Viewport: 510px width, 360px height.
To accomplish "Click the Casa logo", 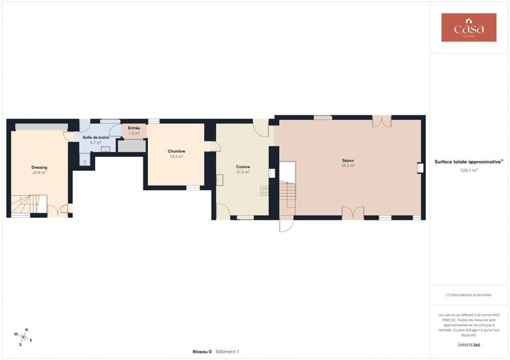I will tap(469, 27).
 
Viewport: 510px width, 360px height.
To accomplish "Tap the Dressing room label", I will tap(40, 168).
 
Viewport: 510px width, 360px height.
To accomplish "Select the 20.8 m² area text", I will tap(40, 173).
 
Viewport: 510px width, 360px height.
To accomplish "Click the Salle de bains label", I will tap(96, 138).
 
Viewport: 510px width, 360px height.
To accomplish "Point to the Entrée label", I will tap(134, 128).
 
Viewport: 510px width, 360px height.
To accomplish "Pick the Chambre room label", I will tap(177, 151).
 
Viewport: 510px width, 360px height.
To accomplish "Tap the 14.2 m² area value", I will tap(177, 156).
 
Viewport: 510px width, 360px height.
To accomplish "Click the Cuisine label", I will tap(243, 166).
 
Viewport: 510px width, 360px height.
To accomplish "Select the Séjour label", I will tap(348, 160).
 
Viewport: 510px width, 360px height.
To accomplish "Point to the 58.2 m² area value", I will tap(348, 165).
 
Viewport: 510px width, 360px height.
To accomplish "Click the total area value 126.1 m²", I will tap(469, 170).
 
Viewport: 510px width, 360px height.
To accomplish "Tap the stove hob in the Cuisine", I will tap(265, 189).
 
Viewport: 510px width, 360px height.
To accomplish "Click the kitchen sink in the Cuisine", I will tap(218, 180).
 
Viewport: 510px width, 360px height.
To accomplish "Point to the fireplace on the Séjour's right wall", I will tap(420, 168).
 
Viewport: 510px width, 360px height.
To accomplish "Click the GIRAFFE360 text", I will tap(469, 345).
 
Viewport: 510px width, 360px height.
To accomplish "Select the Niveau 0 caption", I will tap(203, 352).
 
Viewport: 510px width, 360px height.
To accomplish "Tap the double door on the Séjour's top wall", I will tap(381, 121).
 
